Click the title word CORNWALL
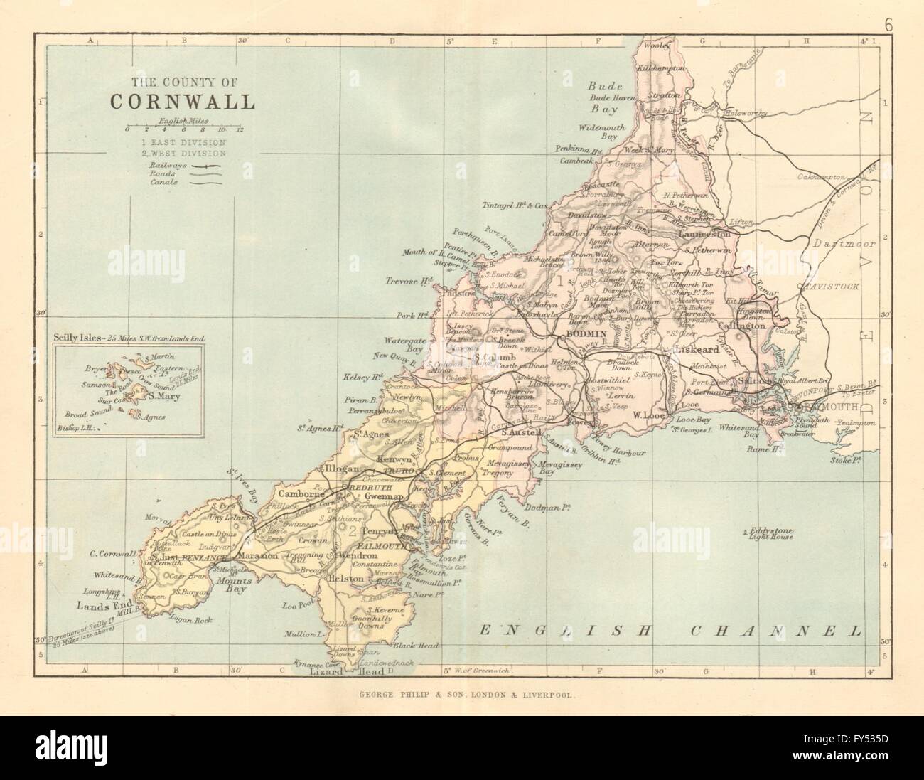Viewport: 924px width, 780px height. tap(182, 101)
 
